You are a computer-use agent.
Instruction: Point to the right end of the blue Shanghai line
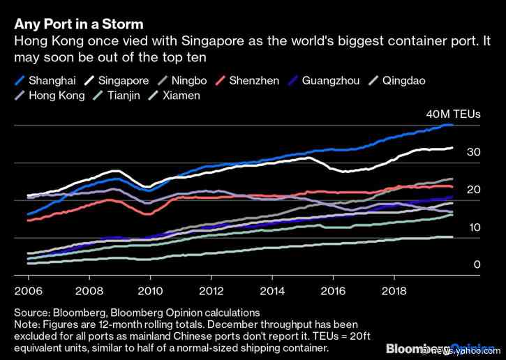(x=452, y=125)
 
